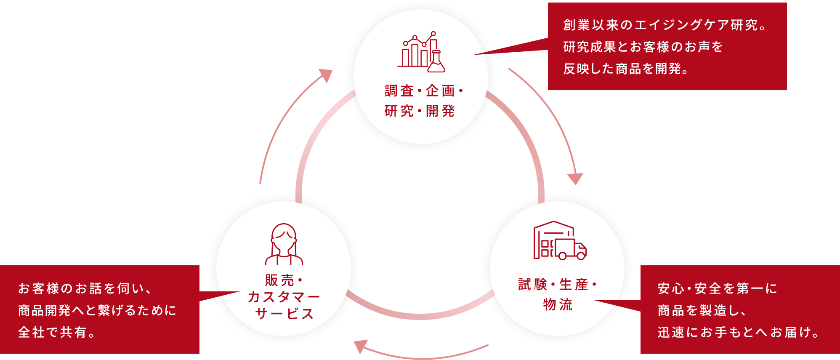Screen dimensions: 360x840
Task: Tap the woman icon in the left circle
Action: pyautogui.click(x=284, y=245)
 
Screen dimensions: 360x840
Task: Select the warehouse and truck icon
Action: pyautogui.click(x=560, y=240)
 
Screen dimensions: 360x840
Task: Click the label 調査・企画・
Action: pyautogui.click(x=423, y=91)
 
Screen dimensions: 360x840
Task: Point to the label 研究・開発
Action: pyautogui.click(x=420, y=111)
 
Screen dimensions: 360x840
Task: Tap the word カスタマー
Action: pyautogui.click(x=284, y=297)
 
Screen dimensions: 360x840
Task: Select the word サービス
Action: pyautogui.click(x=284, y=314)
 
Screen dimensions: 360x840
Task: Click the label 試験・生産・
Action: pyautogui.click(x=557, y=285)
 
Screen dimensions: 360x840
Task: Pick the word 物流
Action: pyautogui.click(x=557, y=304)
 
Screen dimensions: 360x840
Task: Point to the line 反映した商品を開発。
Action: pyautogui.click(x=627, y=69)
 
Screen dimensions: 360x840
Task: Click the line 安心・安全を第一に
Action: pyautogui.click(x=717, y=288)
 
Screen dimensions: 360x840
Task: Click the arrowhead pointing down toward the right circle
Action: pyautogui.click(x=575, y=179)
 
